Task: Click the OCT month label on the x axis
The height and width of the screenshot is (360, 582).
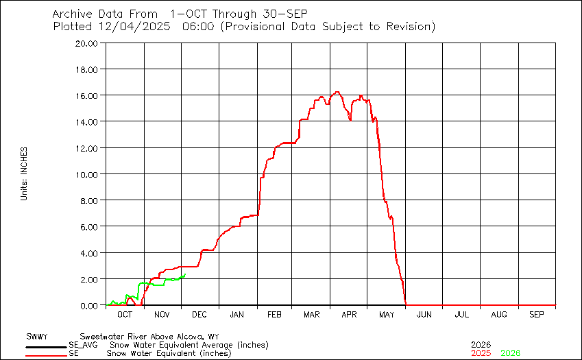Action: point(124,314)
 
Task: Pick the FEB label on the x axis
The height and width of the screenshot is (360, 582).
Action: point(274,314)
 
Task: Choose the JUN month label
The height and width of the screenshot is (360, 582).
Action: point(424,314)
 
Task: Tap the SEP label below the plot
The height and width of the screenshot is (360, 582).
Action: point(537,314)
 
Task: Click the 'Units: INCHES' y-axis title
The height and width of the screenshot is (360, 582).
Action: point(24,173)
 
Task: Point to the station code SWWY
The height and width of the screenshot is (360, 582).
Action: point(36,337)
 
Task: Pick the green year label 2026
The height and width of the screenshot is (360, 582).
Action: point(511,353)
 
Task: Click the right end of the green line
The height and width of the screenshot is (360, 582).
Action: point(185,274)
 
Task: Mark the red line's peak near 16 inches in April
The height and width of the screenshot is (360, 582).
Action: point(337,92)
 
